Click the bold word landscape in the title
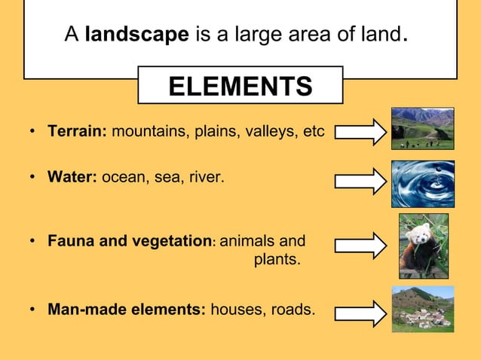click(x=136, y=35)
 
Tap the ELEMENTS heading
click(x=240, y=87)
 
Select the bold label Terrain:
click(x=78, y=132)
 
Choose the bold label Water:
click(x=72, y=178)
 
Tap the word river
click(x=204, y=178)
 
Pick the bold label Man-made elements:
click(x=127, y=309)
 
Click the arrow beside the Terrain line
click(x=360, y=133)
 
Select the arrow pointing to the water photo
click(x=360, y=181)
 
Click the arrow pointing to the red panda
click(x=360, y=246)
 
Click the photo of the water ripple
click(x=422, y=184)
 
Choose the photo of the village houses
click(x=422, y=309)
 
